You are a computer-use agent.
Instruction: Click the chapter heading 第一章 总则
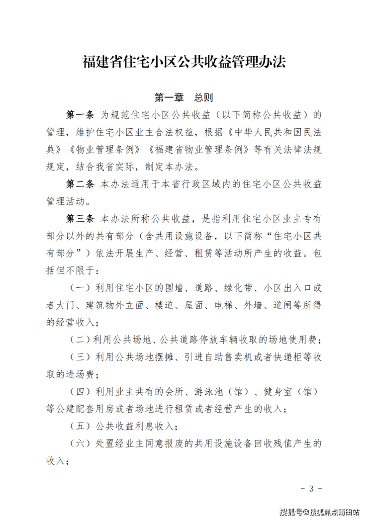tap(184, 96)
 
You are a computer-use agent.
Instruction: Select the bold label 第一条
tap(80, 115)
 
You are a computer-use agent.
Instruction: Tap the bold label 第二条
tap(80, 184)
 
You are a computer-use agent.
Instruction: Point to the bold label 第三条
tap(80, 219)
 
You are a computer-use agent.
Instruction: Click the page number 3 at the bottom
tap(312, 488)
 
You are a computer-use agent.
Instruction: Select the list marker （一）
tap(79, 288)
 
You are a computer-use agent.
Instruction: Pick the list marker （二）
tap(79, 340)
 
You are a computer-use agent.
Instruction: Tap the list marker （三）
tap(79, 357)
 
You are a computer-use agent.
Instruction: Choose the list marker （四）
tap(79, 392)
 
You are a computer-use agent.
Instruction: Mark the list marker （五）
tap(79, 426)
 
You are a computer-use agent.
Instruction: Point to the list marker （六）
tap(79, 443)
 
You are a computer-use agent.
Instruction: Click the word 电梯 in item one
tap(223, 305)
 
